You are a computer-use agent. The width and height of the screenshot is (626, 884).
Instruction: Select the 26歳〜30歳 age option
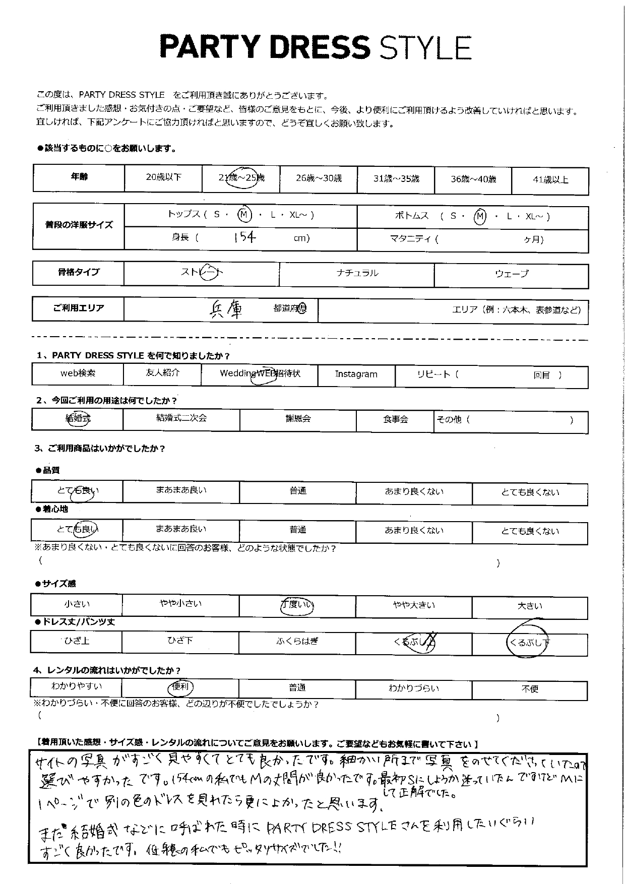[319, 178]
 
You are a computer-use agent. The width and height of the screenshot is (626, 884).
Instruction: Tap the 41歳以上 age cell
[550, 179]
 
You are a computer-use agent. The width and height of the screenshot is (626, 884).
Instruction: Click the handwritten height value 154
[245, 237]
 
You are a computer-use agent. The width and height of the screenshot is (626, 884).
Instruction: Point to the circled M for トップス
[244, 215]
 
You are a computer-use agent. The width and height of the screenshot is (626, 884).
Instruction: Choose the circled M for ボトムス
[480, 216]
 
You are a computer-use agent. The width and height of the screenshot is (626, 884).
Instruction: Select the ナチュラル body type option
[357, 274]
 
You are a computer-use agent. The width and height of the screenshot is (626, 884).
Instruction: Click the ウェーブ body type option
[512, 274]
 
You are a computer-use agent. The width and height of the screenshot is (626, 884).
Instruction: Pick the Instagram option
[356, 374]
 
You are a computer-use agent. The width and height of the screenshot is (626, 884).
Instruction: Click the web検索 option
[78, 373]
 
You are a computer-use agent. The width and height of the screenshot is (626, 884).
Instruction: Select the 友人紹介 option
[162, 373]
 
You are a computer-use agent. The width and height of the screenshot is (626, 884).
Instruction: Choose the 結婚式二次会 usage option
[181, 418]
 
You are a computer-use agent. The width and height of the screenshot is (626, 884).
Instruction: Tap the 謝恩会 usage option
[298, 419]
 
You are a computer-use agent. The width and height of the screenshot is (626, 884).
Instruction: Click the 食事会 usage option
[395, 419]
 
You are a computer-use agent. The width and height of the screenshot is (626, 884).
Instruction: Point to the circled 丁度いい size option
[297, 605]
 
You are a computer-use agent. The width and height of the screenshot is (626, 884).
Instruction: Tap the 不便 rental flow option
[530, 689]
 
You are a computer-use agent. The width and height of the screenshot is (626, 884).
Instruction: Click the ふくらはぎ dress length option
[297, 642]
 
